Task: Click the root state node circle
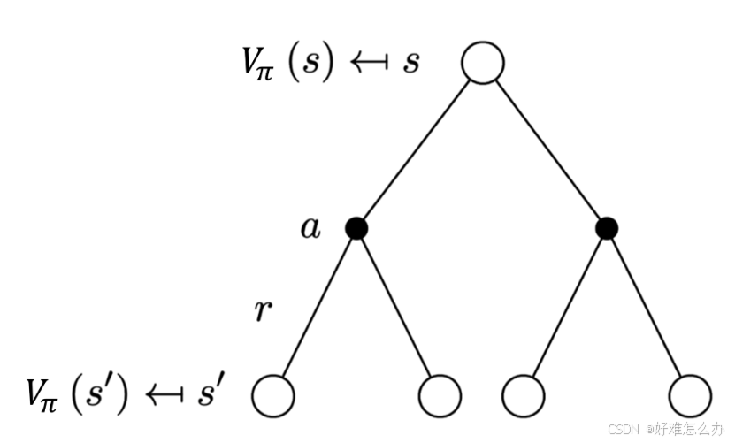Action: coord(483,63)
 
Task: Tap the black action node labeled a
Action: coord(356,228)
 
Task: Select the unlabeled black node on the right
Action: coord(606,228)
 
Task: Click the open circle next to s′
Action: coord(272,395)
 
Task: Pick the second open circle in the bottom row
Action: coord(440,395)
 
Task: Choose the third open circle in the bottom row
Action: coord(523,395)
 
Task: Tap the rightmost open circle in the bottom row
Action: coord(690,395)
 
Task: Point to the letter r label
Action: coord(263,311)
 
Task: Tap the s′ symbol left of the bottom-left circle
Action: coord(211,393)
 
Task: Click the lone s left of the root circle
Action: coord(411,65)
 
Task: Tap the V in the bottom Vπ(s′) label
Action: coord(37,393)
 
